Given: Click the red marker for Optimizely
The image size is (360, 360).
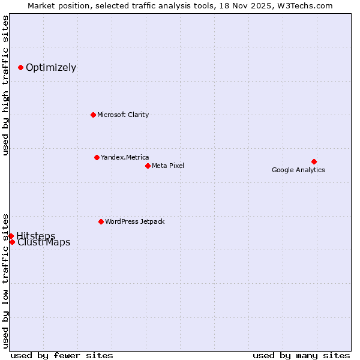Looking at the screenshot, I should click(x=20, y=67).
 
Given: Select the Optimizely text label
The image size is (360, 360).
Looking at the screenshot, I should click(x=51, y=67).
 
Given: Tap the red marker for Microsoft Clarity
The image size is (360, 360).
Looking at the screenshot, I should click(x=93, y=115).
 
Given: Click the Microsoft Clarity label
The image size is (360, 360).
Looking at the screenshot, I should click(x=123, y=115).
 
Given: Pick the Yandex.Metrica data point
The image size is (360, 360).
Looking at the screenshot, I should click(x=97, y=157).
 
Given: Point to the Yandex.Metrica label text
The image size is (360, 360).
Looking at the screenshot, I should click(x=125, y=157).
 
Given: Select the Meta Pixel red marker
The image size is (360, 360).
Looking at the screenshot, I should click(x=148, y=166).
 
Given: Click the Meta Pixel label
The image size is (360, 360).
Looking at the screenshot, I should click(x=168, y=166).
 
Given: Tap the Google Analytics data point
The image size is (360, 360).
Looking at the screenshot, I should click(x=314, y=161).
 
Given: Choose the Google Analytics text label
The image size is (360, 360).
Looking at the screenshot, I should click(x=298, y=170).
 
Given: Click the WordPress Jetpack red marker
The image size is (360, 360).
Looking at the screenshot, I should click(x=101, y=221).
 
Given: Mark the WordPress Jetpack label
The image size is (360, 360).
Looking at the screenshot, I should click(x=134, y=221).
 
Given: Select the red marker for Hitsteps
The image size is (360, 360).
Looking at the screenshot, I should click(x=11, y=236).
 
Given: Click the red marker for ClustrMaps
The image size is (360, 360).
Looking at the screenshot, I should click(x=12, y=242).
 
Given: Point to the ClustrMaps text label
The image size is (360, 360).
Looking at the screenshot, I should click(x=44, y=243).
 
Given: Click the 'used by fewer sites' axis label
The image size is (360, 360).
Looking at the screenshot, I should click(x=62, y=355).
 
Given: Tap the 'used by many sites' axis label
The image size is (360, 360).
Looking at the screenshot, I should click(x=301, y=355).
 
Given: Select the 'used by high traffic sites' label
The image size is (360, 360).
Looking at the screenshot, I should click(x=5, y=85).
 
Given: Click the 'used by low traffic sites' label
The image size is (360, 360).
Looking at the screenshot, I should click(x=5, y=280).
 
